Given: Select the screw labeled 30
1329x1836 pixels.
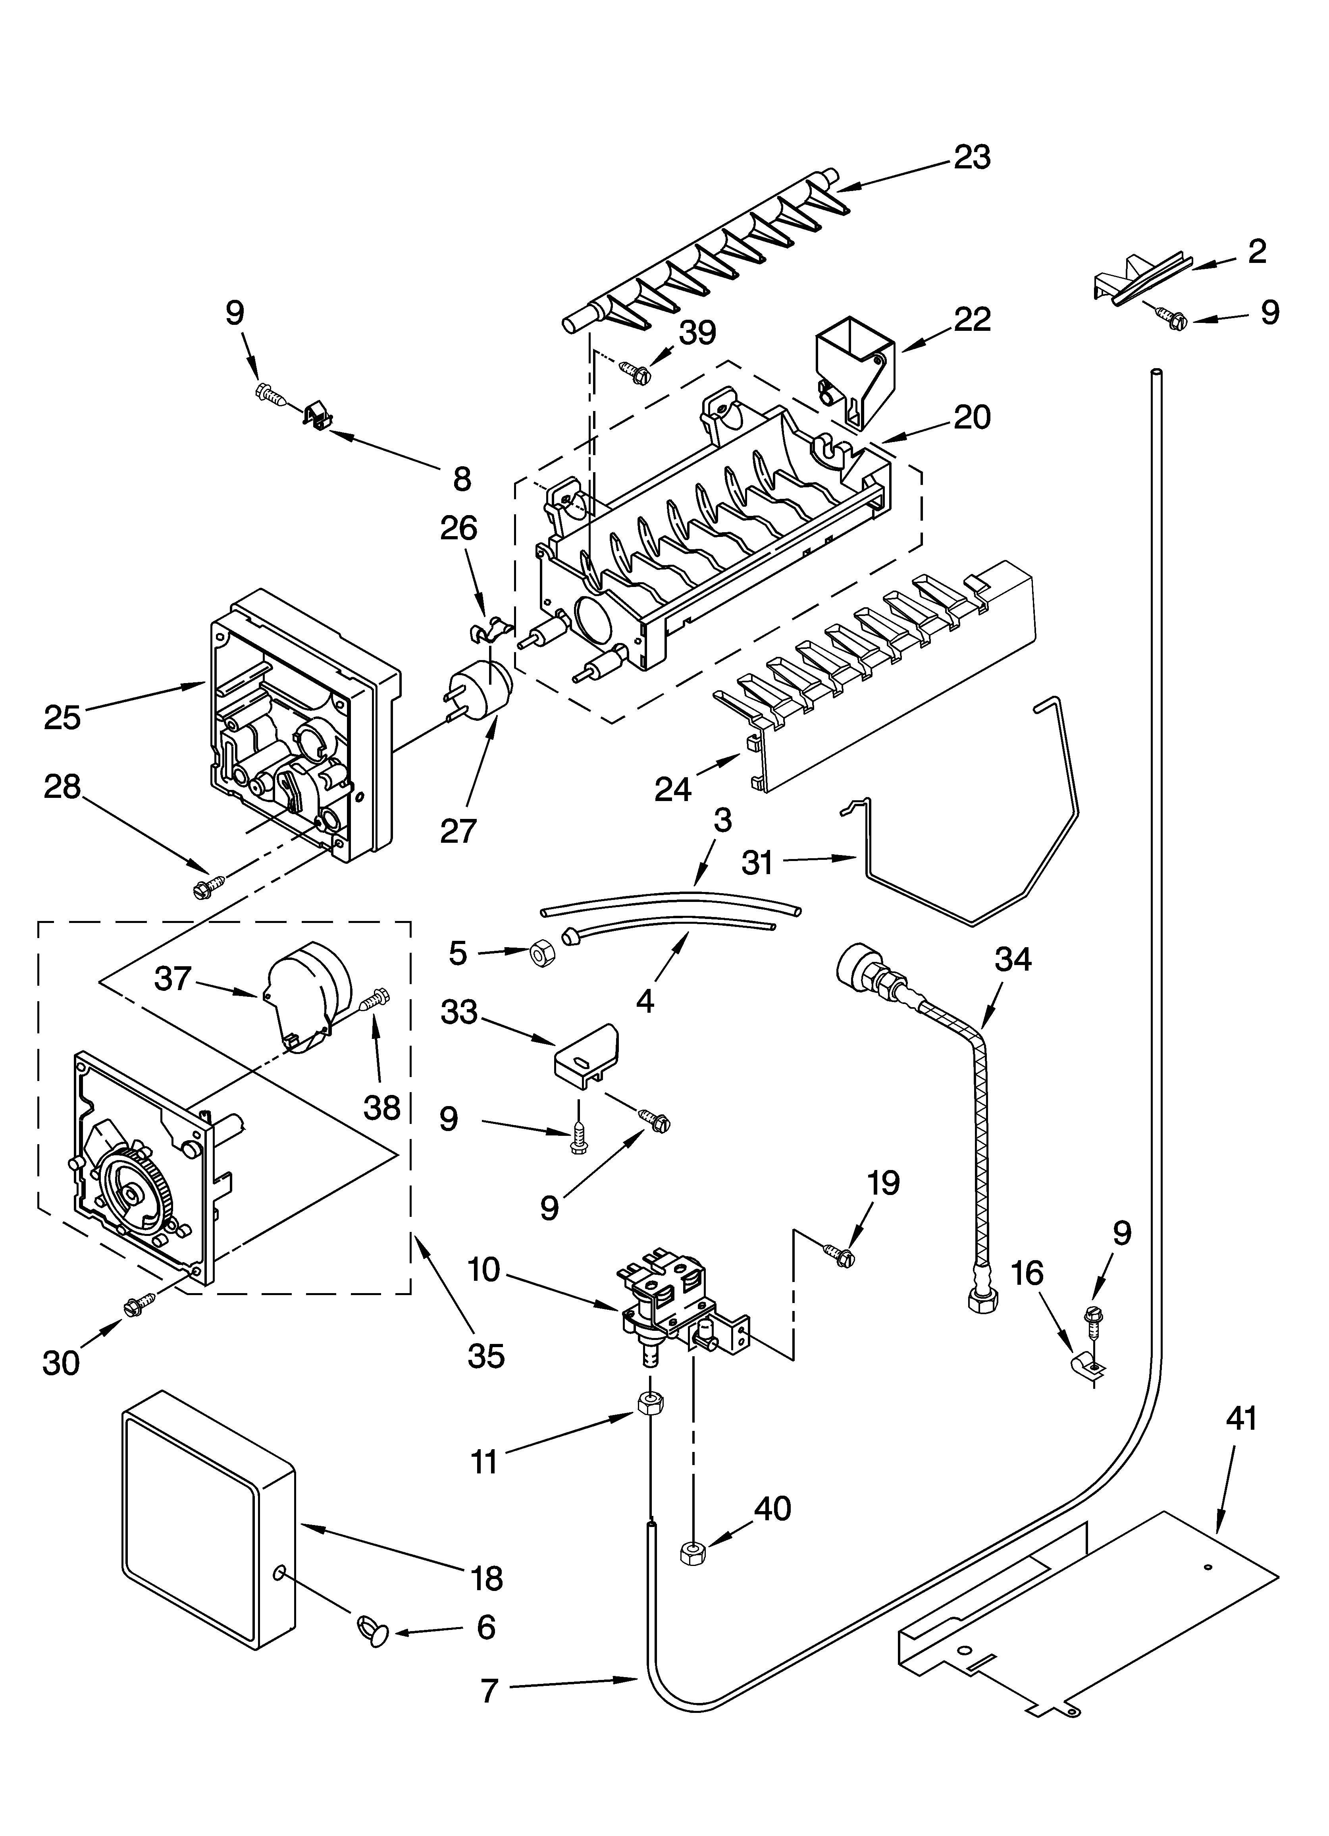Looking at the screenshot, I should (x=138, y=1305).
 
